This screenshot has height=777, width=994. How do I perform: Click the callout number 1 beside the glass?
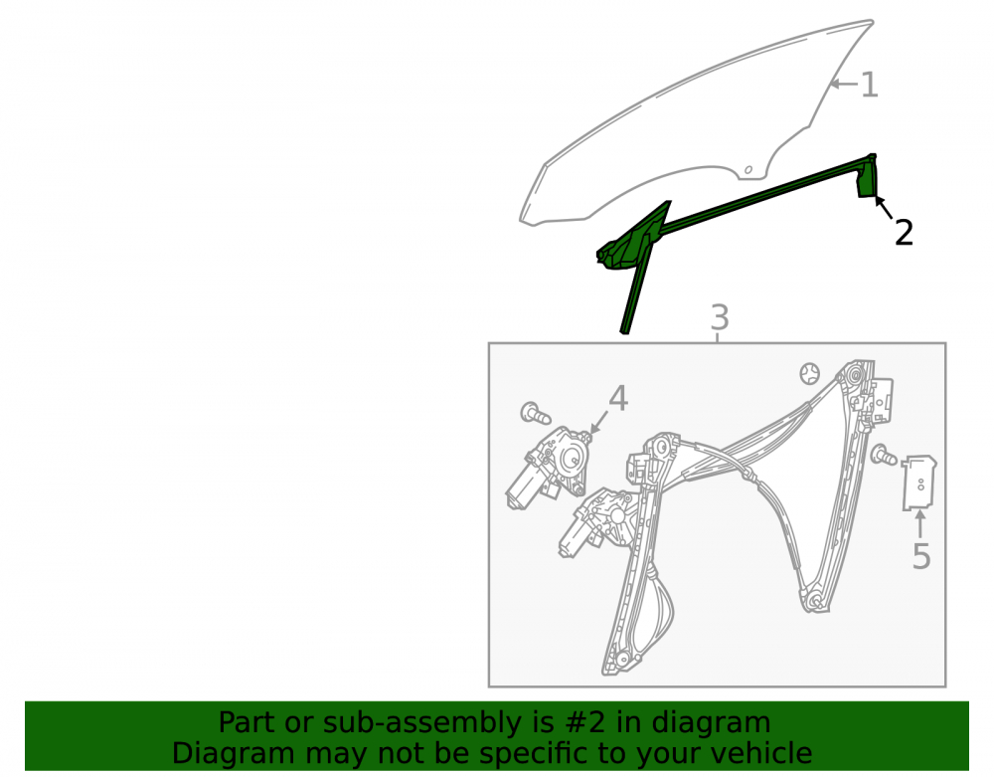[x=870, y=85]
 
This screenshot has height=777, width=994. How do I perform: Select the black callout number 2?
[x=904, y=232]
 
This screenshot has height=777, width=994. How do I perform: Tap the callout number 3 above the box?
[x=720, y=317]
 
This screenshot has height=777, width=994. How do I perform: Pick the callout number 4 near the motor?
[x=618, y=398]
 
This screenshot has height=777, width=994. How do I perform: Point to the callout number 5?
[x=921, y=556]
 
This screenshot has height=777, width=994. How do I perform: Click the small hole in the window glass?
[x=748, y=169]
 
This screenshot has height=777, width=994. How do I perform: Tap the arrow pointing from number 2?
[x=884, y=209]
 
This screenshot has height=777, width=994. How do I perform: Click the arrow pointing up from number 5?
[x=919, y=524]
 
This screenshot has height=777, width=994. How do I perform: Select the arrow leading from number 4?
[x=598, y=423]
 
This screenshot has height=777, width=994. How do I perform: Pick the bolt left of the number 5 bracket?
[x=883, y=454]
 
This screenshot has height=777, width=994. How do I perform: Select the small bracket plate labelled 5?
[x=919, y=483]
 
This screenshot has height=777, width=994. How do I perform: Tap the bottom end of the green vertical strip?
[x=625, y=331]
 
